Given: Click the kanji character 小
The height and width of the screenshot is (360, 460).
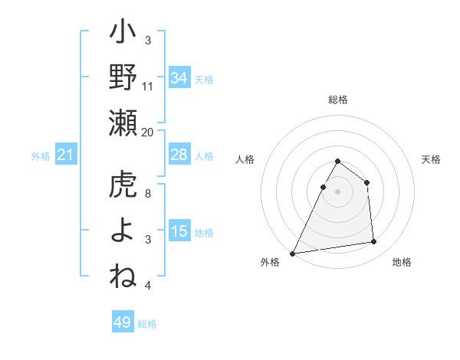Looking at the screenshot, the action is [123, 34].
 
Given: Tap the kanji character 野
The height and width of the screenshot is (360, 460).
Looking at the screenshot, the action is [123, 77].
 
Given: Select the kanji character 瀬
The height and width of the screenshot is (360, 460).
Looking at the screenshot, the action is [123, 122].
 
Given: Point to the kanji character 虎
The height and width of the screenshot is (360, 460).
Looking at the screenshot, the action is [123, 186].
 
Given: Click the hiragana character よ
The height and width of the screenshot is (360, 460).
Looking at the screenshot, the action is [123, 231].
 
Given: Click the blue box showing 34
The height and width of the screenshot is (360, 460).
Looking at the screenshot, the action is [179, 77].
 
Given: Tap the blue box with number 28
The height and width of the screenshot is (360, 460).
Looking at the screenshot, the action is [179, 155].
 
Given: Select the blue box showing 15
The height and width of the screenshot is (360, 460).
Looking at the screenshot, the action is [179, 231].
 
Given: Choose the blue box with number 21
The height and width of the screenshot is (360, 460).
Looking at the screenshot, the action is [65, 155].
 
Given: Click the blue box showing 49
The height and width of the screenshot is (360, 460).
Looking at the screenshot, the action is [123, 322].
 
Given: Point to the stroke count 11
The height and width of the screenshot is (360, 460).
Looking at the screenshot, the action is [148, 86].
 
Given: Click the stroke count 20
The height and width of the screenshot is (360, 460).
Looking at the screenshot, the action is [148, 132].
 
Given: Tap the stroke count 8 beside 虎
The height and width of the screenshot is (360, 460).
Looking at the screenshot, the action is [148, 194].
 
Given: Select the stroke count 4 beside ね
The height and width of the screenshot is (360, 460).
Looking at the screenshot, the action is [148, 286].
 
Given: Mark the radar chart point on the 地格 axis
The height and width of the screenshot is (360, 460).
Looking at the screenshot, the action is [373, 242].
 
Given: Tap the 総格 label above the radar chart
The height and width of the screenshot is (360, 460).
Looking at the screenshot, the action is [337, 100].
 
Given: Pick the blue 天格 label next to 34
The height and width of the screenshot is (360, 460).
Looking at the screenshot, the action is [204, 79].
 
